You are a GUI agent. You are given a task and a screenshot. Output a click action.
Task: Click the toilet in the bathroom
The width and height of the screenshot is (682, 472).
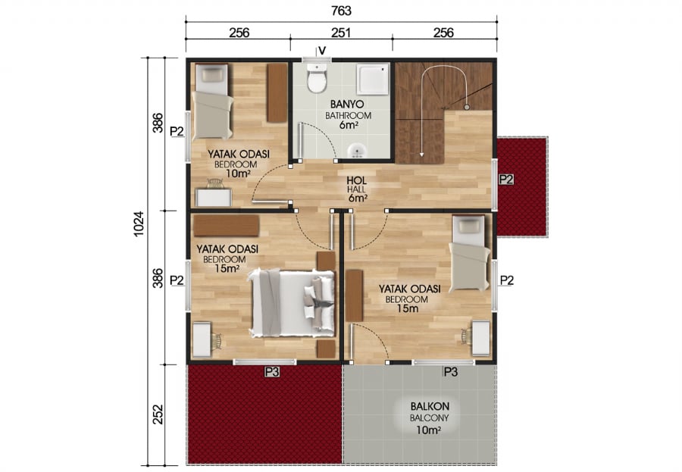[x=317, y=78]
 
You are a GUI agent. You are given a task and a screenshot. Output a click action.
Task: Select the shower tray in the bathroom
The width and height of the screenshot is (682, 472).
[x=373, y=80]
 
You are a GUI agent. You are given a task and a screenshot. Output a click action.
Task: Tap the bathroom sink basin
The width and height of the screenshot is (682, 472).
[x=357, y=151]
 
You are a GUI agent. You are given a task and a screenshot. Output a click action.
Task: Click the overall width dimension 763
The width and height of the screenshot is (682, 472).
[x=341, y=11]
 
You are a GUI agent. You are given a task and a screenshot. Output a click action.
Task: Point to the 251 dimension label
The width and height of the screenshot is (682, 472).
[x=341, y=33]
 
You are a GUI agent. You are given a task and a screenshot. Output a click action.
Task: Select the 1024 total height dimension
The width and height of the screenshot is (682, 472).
[x=139, y=223]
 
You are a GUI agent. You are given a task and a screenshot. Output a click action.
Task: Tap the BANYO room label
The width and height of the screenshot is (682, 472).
[x=347, y=105]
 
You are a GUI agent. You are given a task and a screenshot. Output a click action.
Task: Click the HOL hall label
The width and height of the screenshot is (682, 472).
[x=357, y=180]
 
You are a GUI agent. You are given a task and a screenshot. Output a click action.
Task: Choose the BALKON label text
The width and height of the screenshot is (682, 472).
[x=430, y=406]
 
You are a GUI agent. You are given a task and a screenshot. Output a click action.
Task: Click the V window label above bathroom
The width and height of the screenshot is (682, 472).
[x=322, y=51]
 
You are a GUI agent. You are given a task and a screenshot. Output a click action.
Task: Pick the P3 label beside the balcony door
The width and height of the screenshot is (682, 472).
[x=451, y=372]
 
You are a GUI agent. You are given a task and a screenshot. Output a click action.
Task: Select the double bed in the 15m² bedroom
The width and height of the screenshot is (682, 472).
[x=293, y=303]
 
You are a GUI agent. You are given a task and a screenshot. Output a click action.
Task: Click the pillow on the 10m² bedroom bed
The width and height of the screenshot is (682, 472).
[x=212, y=75]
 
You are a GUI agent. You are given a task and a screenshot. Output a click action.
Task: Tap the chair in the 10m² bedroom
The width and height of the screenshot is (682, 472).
[x=215, y=183]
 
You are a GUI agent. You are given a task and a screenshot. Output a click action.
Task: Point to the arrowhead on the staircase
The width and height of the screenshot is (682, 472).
[x=421, y=153]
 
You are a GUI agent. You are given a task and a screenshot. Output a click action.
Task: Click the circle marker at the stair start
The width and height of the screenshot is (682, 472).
[x=466, y=107]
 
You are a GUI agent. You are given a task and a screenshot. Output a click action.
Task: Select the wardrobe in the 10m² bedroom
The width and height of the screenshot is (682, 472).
[x=277, y=93]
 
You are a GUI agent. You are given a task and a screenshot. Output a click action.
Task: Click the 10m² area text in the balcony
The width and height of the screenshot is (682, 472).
[x=428, y=430]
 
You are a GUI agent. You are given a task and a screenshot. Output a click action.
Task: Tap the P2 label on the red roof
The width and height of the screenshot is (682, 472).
[x=506, y=180]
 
